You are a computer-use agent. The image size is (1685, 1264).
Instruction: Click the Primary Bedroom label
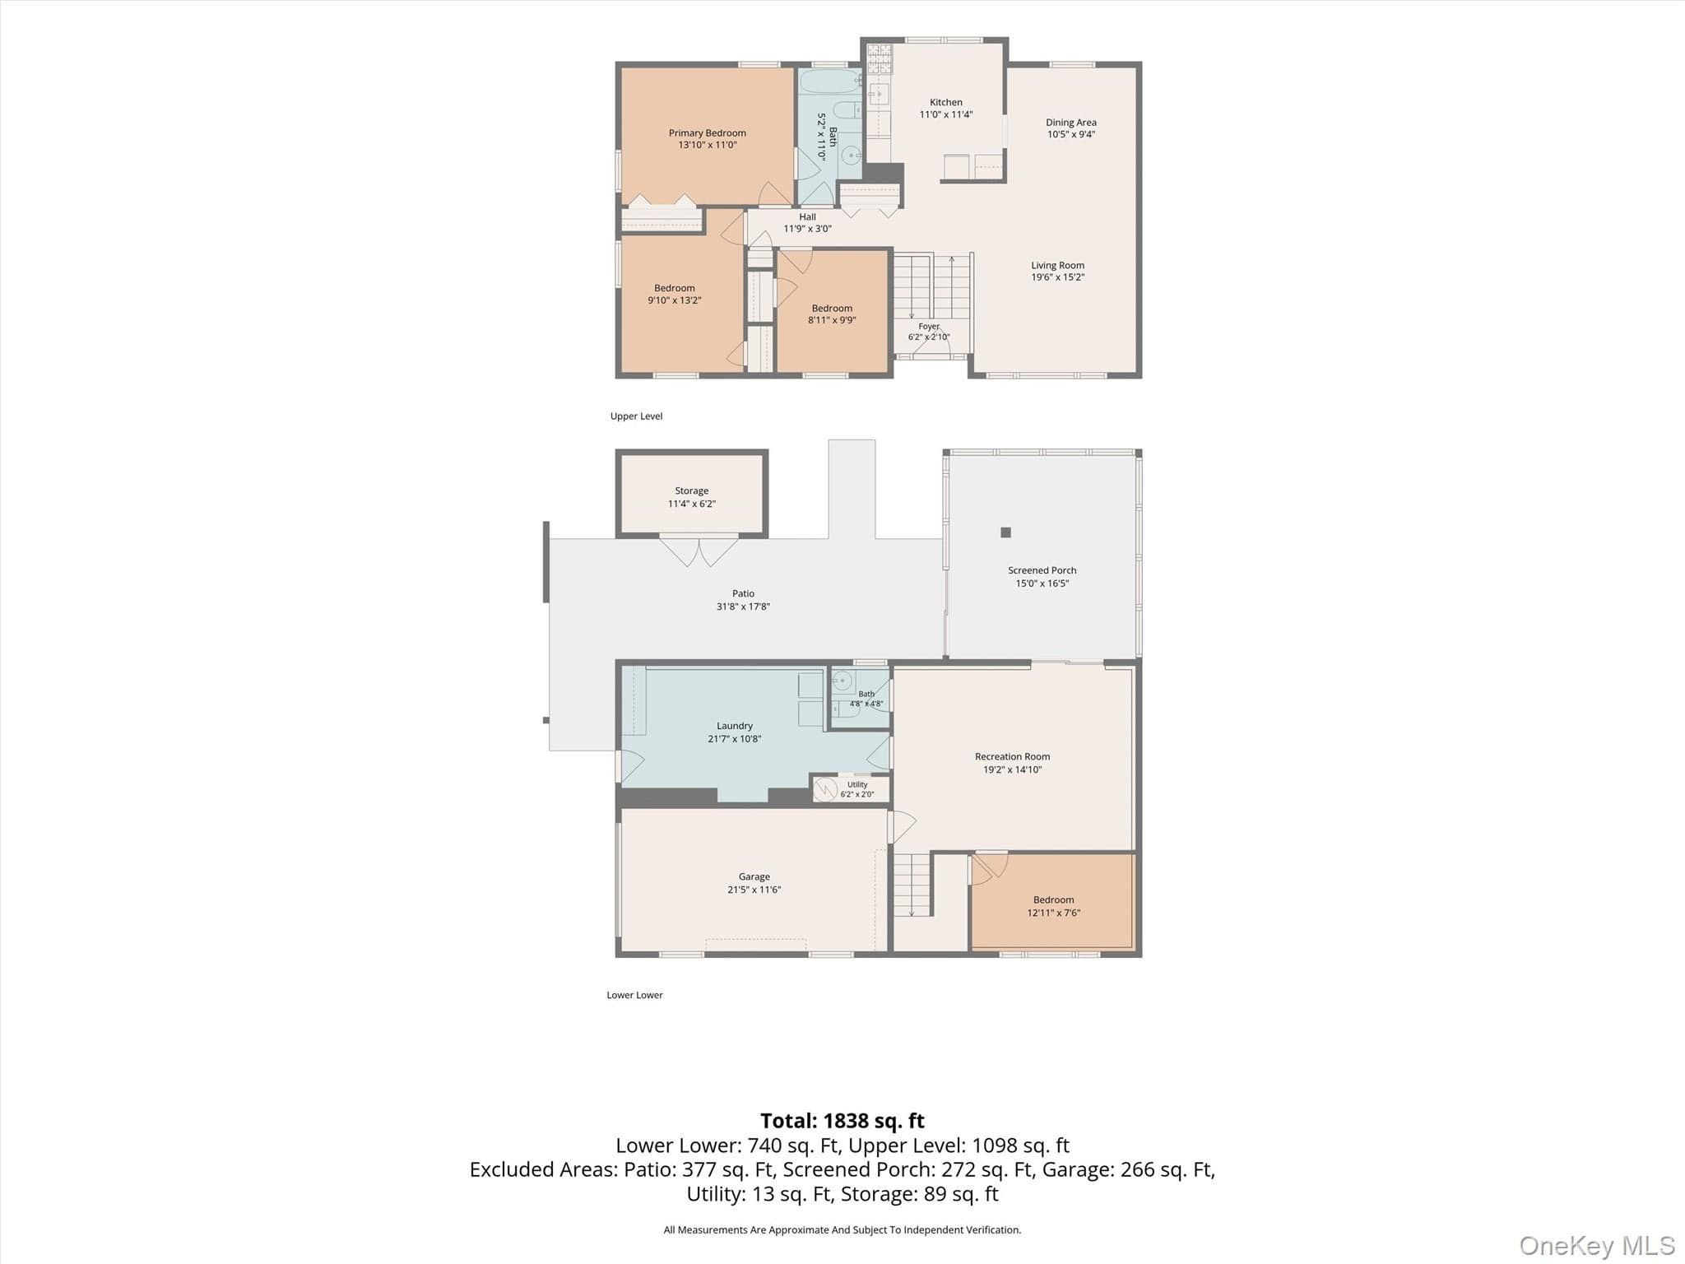[x=707, y=132]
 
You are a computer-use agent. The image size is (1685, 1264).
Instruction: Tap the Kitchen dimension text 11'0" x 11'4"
[x=946, y=114]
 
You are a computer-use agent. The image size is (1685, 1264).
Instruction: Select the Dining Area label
[x=1070, y=123]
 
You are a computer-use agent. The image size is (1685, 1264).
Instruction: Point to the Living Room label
[x=1057, y=265]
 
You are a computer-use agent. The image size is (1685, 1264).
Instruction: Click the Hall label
[x=807, y=217]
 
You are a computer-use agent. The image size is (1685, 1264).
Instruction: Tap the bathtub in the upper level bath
[x=829, y=82]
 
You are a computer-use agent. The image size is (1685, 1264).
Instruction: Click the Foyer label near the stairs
[x=929, y=327]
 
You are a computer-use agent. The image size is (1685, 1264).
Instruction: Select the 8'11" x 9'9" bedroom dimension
[x=832, y=320]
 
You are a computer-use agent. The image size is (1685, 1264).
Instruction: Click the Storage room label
[x=691, y=490]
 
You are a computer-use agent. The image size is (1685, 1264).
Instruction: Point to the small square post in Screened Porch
[x=1005, y=532]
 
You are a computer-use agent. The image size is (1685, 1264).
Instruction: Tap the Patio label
[x=743, y=593]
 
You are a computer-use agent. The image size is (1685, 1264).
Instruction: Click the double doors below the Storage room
[x=699, y=550]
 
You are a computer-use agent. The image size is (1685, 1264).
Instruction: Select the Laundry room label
[x=734, y=726]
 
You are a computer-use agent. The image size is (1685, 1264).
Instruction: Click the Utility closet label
[x=857, y=784]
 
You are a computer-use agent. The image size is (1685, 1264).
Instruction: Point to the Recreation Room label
[x=1012, y=756]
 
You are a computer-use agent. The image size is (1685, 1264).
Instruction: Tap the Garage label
[x=754, y=876]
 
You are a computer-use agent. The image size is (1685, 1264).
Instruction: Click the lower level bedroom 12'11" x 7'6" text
[x=1053, y=913]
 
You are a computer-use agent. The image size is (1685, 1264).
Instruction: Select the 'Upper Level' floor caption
[x=636, y=416]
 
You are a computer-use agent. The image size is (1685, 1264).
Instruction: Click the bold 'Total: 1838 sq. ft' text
[x=842, y=1121]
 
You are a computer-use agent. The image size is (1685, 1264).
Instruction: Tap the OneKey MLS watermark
[x=1597, y=1246]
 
